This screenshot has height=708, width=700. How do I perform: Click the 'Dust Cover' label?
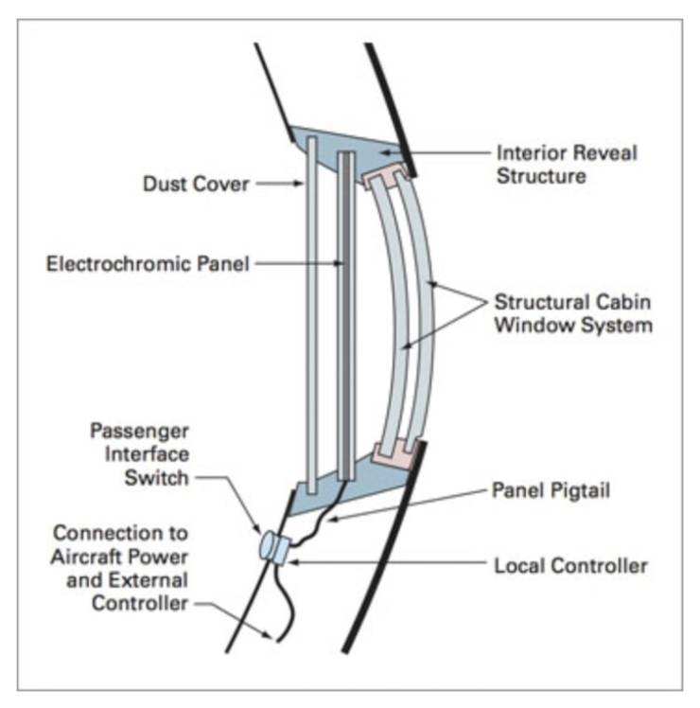(196, 183)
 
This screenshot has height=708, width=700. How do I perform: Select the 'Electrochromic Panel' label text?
(148, 264)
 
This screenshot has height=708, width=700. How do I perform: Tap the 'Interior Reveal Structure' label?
(567, 163)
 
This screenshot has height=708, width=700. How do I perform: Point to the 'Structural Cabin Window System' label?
(573, 314)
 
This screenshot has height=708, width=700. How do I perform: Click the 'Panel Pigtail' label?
(551, 490)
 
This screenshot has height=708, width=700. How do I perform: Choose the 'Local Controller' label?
(570, 566)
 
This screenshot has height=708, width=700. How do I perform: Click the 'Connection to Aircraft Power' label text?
(120, 555)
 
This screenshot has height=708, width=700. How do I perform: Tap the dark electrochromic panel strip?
(346, 312)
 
